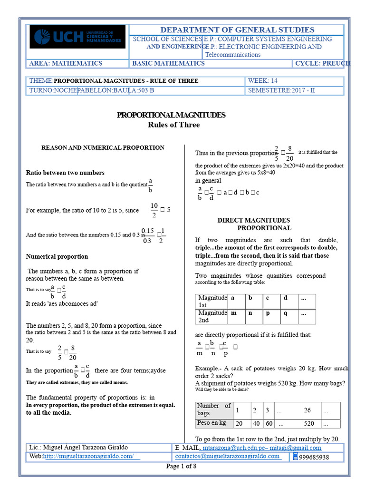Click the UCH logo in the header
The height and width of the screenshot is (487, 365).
tap(77, 37)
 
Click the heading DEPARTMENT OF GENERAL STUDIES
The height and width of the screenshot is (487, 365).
tap(237, 29)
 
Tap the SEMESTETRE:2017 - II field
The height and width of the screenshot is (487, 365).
tap(281, 90)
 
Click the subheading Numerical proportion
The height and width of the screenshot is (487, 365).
tap(57, 256)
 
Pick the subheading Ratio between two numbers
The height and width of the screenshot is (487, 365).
tap(65, 173)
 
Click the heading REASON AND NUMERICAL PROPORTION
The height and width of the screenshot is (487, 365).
tap(103, 148)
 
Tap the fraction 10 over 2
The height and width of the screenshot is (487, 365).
tap(154, 210)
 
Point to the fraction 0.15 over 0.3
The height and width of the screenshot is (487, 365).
tap(148, 235)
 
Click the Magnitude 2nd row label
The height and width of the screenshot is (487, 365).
tap(212, 317)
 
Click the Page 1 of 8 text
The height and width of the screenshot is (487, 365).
tap(181, 466)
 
